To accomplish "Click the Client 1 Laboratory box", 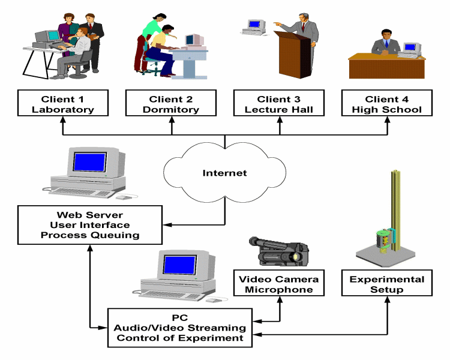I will pyautogui.click(x=63, y=104).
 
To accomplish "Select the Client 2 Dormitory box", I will pyautogui.click(x=172, y=104).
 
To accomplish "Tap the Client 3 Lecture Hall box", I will pyautogui.click(x=279, y=104).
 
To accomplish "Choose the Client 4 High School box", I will pyautogui.click(x=386, y=104).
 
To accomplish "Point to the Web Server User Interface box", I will pyautogui.click(x=90, y=225).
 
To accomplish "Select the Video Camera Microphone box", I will pyautogui.click(x=279, y=284).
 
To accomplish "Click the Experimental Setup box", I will pyautogui.click(x=387, y=284).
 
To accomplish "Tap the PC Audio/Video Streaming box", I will pyautogui.click(x=180, y=328).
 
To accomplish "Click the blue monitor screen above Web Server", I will pyautogui.click(x=90, y=162).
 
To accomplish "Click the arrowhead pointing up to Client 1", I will pyautogui.click(x=63, y=121).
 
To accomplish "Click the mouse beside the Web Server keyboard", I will pyautogui.click(x=122, y=197).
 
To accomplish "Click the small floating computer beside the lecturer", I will pyautogui.click(x=254, y=25).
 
